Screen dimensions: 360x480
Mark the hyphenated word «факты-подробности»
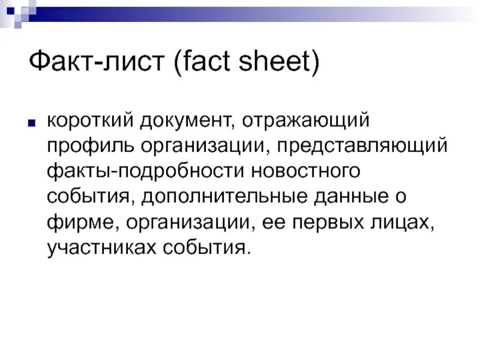143,172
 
